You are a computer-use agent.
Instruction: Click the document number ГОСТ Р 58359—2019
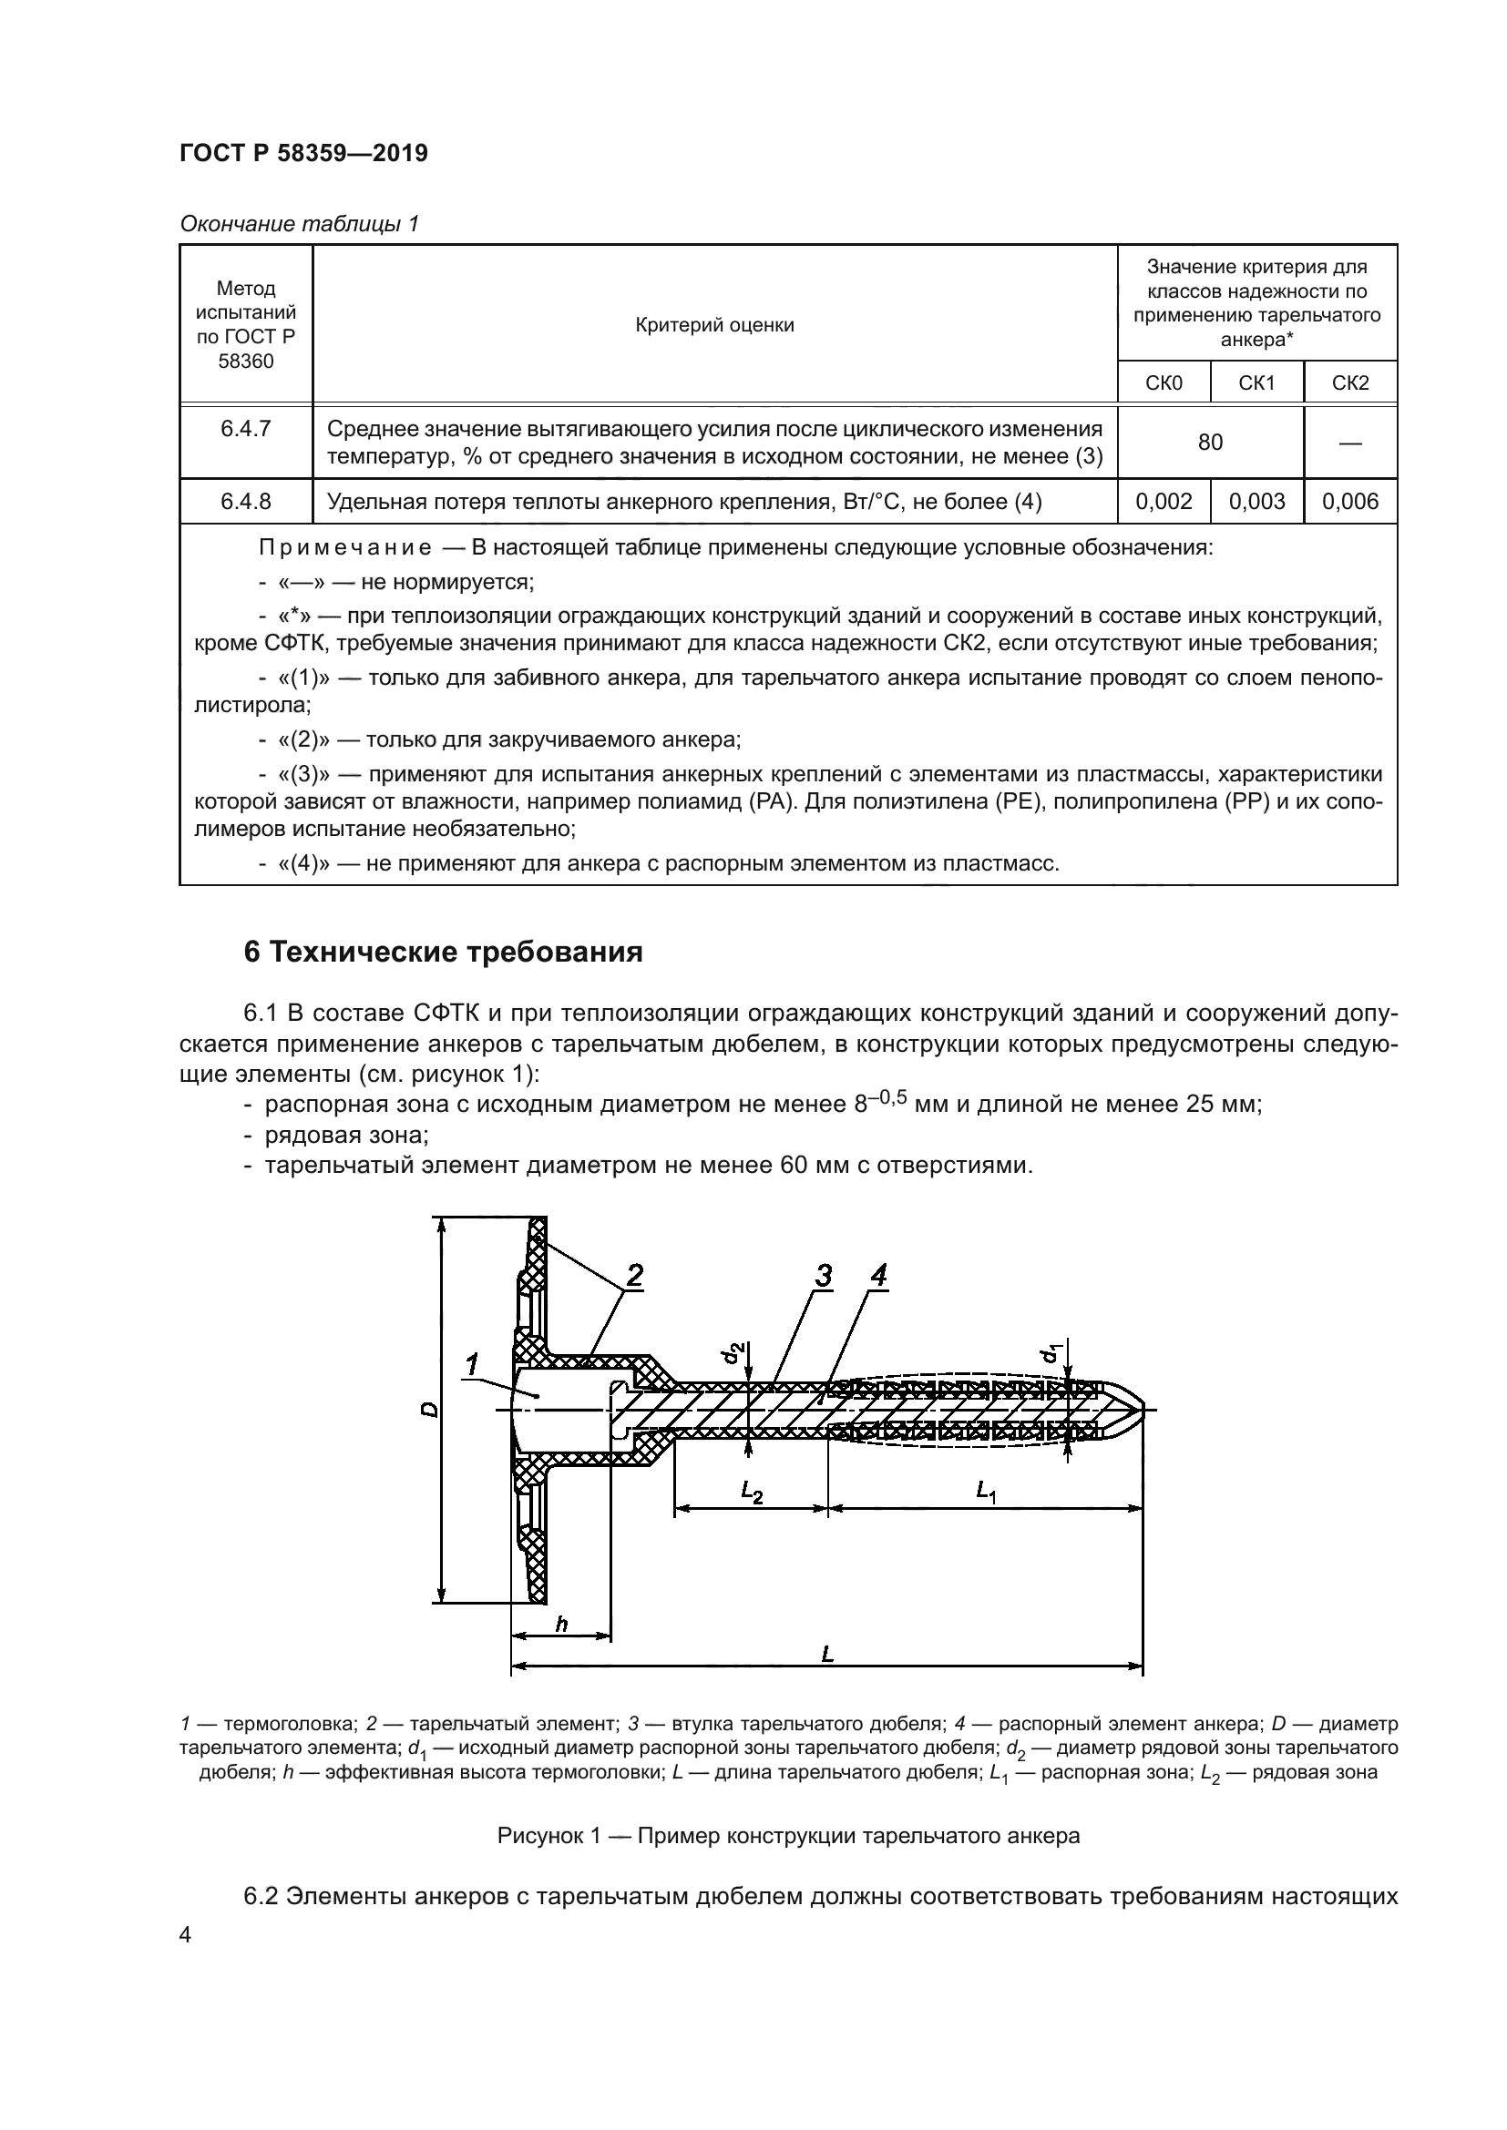tap(303, 153)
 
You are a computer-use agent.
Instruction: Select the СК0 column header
tap(1164, 383)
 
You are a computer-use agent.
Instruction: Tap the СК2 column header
tap(1350, 383)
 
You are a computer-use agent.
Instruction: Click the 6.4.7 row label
tap(246, 429)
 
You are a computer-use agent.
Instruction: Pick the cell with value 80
tap(1210, 443)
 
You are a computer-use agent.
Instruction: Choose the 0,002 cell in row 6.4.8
tap(1164, 502)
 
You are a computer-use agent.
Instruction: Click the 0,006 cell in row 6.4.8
tap(1350, 502)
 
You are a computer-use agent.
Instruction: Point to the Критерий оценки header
tap(714, 325)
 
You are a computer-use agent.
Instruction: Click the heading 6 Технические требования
tap(444, 953)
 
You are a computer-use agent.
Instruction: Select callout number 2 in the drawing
tap(635, 1276)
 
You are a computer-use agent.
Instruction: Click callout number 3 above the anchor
tap(823, 1276)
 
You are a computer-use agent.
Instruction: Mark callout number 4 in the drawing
tap(877, 1276)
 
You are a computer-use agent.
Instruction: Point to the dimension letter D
tap(429, 1409)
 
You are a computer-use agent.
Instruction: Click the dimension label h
tap(560, 1624)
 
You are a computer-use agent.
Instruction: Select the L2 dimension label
tap(752, 1492)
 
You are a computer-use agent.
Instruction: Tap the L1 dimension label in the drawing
tap(986, 1492)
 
